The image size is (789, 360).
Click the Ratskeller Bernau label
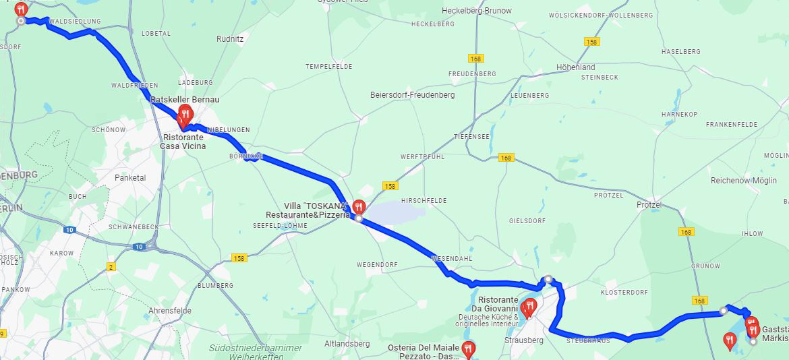point(175,100)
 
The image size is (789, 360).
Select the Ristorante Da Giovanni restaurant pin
point(529,307)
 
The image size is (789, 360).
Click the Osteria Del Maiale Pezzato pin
point(467,349)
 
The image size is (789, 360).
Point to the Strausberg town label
point(524,340)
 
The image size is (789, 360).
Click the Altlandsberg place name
point(347,344)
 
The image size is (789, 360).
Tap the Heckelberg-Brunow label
point(476,11)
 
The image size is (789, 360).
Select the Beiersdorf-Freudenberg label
point(413,95)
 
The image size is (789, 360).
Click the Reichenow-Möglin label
point(744,181)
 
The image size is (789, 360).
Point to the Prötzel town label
point(649,205)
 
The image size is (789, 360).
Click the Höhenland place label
point(575,67)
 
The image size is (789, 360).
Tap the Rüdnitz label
point(230,39)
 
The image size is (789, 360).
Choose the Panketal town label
point(130,178)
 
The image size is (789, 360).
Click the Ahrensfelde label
point(169,311)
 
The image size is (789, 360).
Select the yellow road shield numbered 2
point(111,267)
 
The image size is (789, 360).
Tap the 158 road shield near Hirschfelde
point(389,185)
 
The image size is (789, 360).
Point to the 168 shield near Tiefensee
point(506,158)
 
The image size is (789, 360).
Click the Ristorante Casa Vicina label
point(183,142)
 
